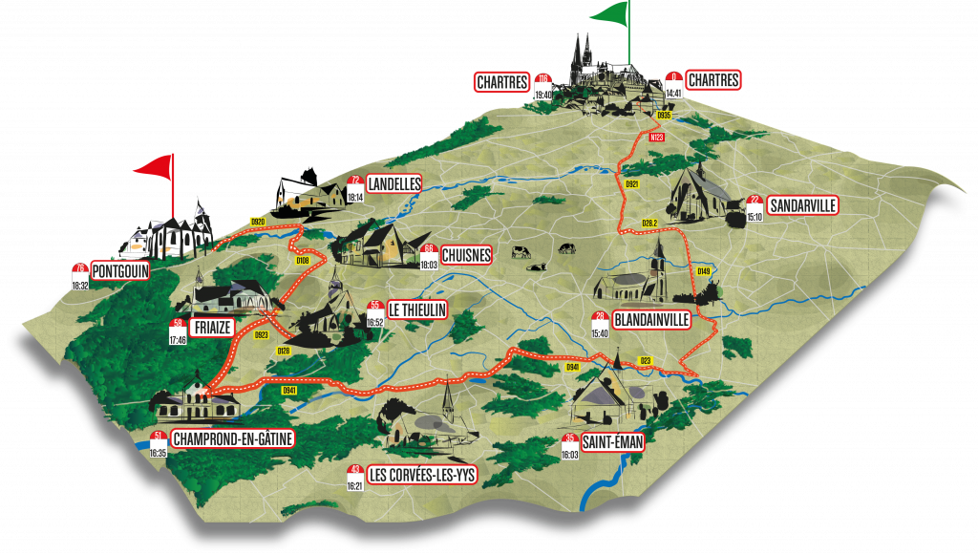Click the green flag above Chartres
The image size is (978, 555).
[611, 13]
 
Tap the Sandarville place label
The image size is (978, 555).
[802, 205]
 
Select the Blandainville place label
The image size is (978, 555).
[652, 320]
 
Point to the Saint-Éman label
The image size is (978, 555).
[612, 440]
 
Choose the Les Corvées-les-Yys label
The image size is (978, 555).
[421, 473]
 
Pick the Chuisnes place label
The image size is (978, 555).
[466, 255]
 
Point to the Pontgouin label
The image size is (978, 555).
[119, 271]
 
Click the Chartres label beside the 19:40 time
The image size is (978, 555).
[502, 82]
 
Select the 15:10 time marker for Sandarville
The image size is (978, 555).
[755, 216]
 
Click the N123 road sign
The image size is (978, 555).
[656, 138]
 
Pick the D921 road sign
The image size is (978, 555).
[631, 183]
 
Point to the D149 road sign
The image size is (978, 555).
[703, 271]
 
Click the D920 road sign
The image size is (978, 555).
[257, 222]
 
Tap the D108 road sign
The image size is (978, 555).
[303, 260]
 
